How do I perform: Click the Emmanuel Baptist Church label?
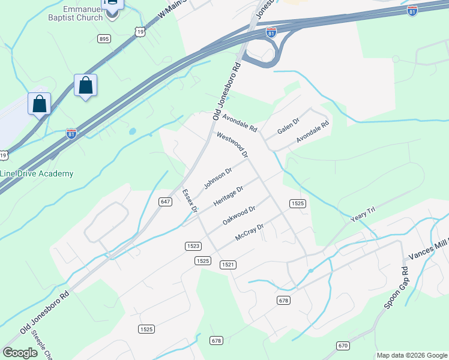[86, 13]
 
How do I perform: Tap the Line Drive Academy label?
[37, 174]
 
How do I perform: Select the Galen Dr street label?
[288, 127]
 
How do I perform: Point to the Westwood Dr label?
[232, 145]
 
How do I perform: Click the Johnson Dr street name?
[217, 178]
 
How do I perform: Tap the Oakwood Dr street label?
[239, 215]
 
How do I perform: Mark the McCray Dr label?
[250, 232]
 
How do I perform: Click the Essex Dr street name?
[190, 201]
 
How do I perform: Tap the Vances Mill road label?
[428, 248]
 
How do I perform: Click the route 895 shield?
[104, 39]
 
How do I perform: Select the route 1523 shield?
[193, 246]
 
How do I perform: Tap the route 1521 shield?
[228, 265]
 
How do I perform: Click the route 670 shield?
[343, 346]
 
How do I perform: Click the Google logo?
[20, 352]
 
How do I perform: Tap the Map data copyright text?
[411, 355]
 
